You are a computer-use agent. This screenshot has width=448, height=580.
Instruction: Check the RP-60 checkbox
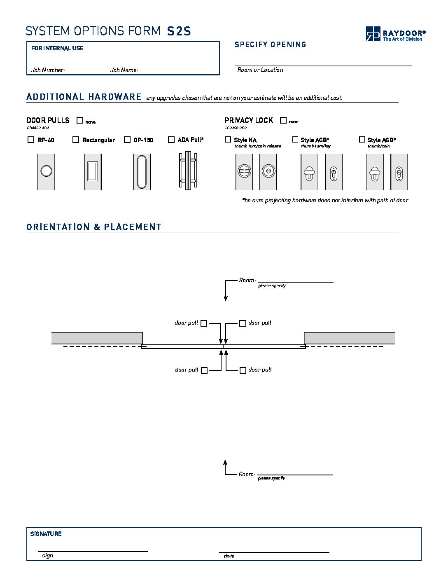(x=31, y=140)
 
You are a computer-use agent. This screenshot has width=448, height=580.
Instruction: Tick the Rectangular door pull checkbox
(x=76, y=140)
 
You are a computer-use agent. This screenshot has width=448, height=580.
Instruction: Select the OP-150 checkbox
(x=127, y=140)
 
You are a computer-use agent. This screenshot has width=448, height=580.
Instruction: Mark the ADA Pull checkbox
(x=171, y=140)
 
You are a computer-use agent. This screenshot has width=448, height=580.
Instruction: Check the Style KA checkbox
(x=228, y=140)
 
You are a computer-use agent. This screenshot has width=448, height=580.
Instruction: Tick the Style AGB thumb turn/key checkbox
(x=295, y=140)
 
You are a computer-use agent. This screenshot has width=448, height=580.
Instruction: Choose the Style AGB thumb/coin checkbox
(x=362, y=140)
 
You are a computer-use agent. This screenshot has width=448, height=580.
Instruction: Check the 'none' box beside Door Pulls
(x=80, y=120)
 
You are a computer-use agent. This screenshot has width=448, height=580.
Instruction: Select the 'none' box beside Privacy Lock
(x=283, y=120)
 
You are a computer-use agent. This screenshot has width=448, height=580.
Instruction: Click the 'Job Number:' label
(x=48, y=70)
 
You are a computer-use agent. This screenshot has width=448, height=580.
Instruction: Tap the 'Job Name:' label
(x=124, y=70)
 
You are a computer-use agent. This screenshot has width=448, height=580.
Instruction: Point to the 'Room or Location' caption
(x=260, y=70)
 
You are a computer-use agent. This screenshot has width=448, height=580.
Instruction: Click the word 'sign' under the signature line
(x=47, y=556)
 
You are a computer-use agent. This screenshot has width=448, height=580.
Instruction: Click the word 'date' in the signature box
(x=229, y=556)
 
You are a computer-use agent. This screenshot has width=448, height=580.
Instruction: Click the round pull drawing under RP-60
(x=46, y=171)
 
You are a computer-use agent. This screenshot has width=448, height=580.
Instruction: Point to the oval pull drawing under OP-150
(x=142, y=172)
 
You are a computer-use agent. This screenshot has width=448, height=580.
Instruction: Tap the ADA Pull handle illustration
(x=188, y=171)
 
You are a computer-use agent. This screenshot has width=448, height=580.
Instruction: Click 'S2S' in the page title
(x=179, y=31)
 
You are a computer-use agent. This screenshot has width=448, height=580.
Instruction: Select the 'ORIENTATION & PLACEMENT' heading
(x=94, y=227)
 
